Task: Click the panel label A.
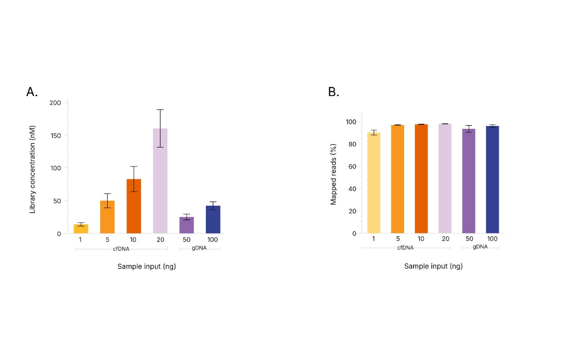click(x=32, y=92)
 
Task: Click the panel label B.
click(x=333, y=92)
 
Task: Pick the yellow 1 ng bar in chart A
click(x=81, y=228)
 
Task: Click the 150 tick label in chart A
click(x=56, y=135)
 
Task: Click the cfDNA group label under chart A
click(x=122, y=249)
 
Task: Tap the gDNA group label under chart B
click(x=480, y=247)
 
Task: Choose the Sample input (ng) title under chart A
click(x=146, y=266)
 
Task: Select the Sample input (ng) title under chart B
click(x=433, y=266)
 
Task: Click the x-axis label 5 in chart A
click(x=107, y=239)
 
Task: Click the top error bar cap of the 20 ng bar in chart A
click(x=160, y=110)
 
